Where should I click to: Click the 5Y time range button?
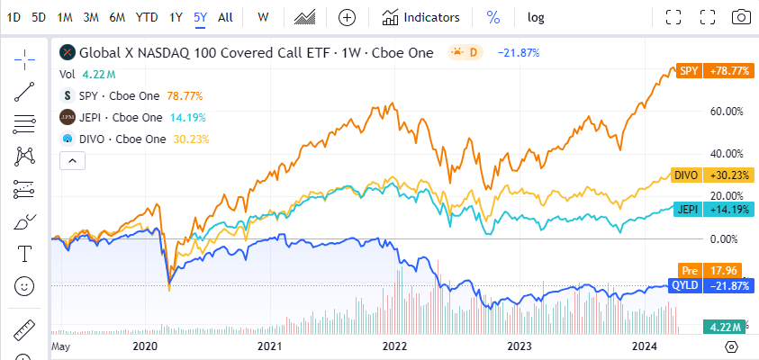click(x=201, y=17)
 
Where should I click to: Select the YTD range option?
click(x=146, y=17)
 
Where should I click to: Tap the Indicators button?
click(x=420, y=17)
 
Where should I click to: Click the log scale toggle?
click(x=536, y=17)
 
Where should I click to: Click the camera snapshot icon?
click(x=740, y=17)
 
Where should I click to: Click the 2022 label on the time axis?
click(x=394, y=346)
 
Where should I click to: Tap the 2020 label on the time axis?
click(x=145, y=346)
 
